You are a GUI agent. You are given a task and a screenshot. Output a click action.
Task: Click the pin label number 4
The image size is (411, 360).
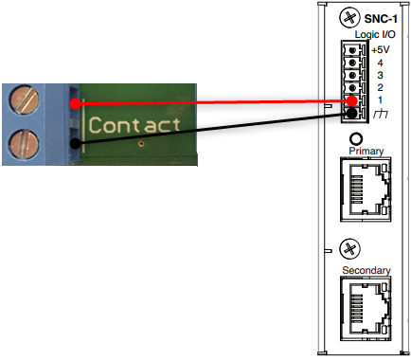pos(380,62)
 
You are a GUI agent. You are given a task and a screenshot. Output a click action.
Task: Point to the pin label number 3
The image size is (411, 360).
pos(380,74)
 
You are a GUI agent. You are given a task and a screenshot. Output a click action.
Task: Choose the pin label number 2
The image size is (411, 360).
pos(380,87)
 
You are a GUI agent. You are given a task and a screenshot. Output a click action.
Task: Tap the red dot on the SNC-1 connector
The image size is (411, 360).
pos(351,100)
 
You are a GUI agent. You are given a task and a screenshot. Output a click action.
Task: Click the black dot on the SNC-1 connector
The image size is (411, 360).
pos(351,114)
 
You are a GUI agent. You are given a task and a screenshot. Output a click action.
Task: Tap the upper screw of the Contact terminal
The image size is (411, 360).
pos(26,99)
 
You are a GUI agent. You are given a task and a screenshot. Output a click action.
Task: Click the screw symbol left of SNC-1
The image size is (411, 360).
pos(348,18)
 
